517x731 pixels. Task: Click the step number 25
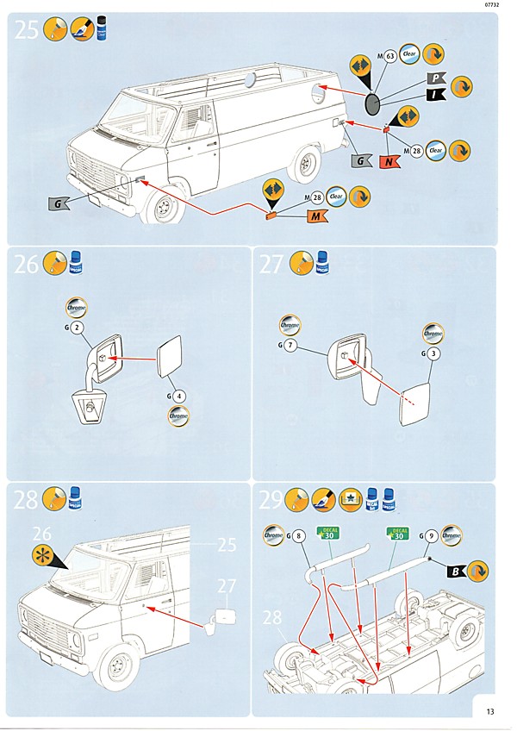(27, 31)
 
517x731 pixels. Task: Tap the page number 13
(489, 711)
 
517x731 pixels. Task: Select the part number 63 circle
(389, 58)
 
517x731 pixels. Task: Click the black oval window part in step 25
(373, 105)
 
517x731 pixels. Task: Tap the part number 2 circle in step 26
(78, 328)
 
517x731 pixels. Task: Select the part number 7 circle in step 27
(290, 346)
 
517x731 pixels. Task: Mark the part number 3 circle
(433, 353)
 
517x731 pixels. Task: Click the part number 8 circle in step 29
(299, 536)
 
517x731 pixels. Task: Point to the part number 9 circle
(429, 536)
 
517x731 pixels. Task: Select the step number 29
(272, 502)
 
